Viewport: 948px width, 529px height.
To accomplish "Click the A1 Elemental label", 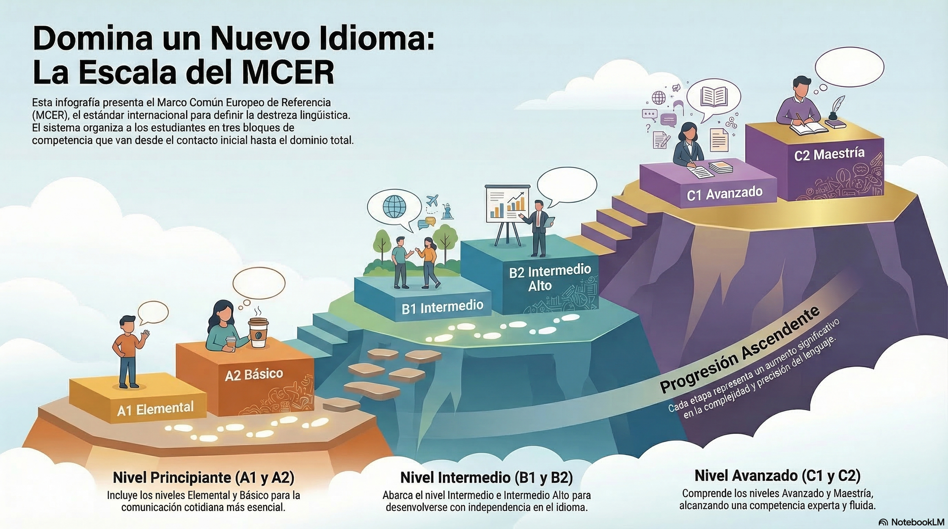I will pyautogui.click(x=155, y=409).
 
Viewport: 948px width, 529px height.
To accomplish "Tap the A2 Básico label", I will pyautogui.click(x=254, y=375).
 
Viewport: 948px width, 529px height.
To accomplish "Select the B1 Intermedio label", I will pyautogui.click(x=442, y=307).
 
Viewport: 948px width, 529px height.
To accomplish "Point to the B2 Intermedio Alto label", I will pyautogui.click(x=550, y=278).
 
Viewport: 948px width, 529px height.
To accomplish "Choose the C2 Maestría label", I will pyautogui.click(x=829, y=154).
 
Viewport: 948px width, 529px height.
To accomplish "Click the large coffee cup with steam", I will pyautogui.click(x=258, y=332).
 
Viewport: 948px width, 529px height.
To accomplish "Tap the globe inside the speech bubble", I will pyautogui.click(x=394, y=207).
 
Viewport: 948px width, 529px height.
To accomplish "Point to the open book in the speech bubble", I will pyautogui.click(x=714, y=96).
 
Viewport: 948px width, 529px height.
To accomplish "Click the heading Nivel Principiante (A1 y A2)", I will pyautogui.click(x=203, y=477).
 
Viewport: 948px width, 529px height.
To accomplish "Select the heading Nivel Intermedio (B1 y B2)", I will pyautogui.click(x=486, y=477).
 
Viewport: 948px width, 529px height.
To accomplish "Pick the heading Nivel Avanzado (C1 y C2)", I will pyautogui.click(x=777, y=475).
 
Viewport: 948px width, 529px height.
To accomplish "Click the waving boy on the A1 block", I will pyautogui.click(x=129, y=351).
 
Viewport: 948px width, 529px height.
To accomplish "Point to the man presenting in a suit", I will pyautogui.click(x=539, y=227).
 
